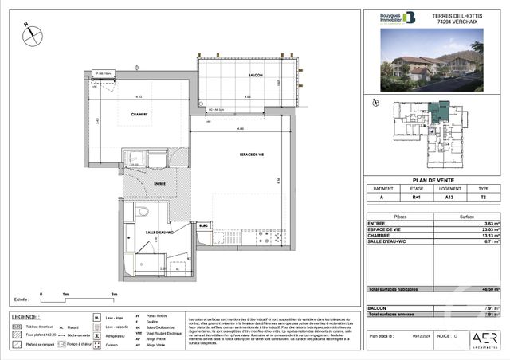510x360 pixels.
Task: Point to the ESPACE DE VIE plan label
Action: point(253,155)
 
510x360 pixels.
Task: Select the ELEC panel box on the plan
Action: point(203,226)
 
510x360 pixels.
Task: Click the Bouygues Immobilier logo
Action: point(397,18)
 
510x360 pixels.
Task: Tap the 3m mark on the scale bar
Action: point(114,295)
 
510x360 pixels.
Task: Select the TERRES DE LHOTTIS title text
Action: point(457,15)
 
